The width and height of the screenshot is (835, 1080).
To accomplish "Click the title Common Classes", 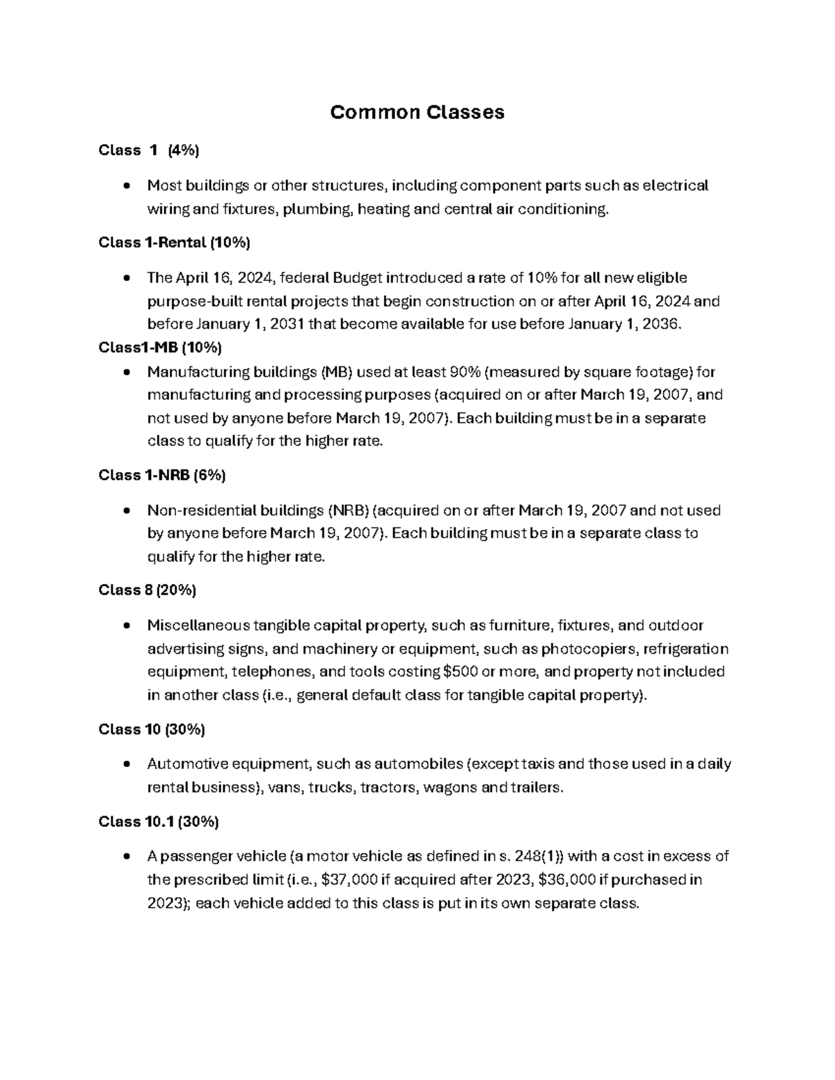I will [x=417, y=113].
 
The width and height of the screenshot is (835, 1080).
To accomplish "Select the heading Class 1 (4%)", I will [x=149, y=150].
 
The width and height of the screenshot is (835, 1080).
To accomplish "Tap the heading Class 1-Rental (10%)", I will [x=174, y=243].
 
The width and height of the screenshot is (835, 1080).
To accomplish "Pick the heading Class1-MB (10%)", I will [x=160, y=347].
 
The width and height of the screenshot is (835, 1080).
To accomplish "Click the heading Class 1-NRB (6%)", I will [x=162, y=475].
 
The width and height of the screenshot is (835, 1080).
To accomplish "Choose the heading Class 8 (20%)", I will [x=148, y=590].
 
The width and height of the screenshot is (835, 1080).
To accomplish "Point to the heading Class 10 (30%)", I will [x=152, y=729].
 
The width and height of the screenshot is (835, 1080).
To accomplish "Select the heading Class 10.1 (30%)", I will [x=159, y=821].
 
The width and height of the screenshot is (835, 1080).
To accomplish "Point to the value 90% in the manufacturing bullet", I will [x=462, y=371].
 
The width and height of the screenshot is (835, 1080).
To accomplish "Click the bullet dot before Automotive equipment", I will [x=126, y=764].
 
